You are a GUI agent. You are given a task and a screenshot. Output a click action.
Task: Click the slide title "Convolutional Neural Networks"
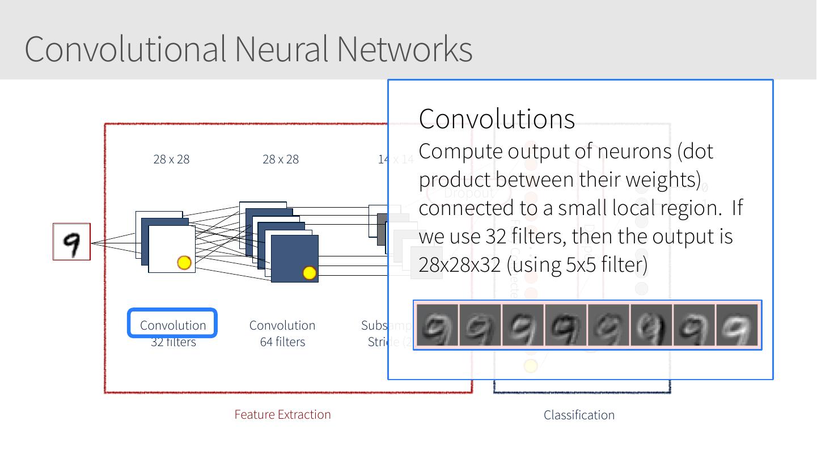pyautogui.click(x=248, y=49)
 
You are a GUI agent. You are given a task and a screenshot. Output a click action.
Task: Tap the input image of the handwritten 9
pyautogui.click(x=71, y=242)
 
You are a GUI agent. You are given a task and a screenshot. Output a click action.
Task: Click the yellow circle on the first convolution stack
pyautogui.click(x=184, y=263)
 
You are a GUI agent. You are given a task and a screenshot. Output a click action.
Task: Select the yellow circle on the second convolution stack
pyautogui.click(x=309, y=273)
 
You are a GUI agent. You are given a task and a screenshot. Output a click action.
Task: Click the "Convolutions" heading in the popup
pyautogui.click(x=497, y=119)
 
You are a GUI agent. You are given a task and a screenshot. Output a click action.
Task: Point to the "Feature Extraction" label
pyautogui.click(x=282, y=414)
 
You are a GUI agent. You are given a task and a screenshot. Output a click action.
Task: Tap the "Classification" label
pyautogui.click(x=579, y=415)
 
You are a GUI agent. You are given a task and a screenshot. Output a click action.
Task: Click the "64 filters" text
pyautogui.click(x=282, y=342)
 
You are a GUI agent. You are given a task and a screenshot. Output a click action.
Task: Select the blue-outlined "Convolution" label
pyautogui.click(x=173, y=325)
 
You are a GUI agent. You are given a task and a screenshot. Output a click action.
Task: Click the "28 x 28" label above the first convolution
pyautogui.click(x=171, y=159)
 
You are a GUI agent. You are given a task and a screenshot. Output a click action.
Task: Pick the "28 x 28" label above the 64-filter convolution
pyautogui.click(x=281, y=159)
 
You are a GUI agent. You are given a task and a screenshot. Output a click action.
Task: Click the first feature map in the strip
pyautogui.click(x=437, y=325)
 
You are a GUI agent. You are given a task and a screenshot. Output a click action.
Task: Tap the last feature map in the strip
pyautogui.click(x=737, y=325)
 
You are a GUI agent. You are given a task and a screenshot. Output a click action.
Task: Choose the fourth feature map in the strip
pyautogui.click(x=565, y=325)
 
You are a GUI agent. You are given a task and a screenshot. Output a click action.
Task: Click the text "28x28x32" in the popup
pyautogui.click(x=460, y=264)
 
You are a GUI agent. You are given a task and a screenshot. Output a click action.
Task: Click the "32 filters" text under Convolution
pyautogui.click(x=173, y=342)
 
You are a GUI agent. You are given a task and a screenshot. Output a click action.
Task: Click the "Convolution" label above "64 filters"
pyautogui.click(x=282, y=325)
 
